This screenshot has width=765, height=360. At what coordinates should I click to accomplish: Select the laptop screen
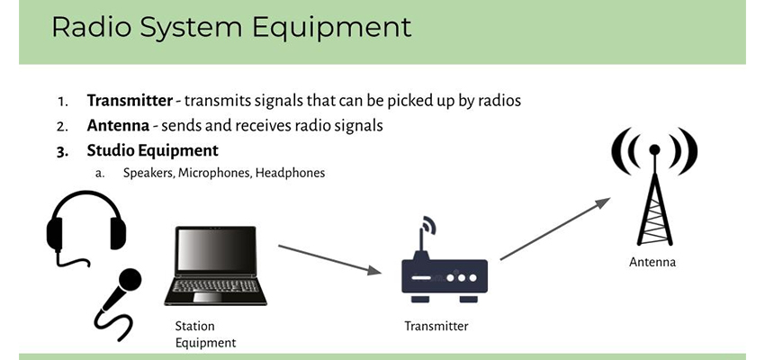coord(216,249)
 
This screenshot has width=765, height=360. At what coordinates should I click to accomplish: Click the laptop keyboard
coord(216,286)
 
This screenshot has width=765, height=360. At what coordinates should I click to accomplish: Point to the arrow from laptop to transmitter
coord(329,259)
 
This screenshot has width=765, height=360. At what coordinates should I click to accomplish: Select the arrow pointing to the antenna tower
coord(555,229)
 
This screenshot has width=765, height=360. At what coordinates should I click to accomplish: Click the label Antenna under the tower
coord(652,263)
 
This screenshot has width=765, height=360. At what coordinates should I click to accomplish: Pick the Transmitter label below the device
coord(436,326)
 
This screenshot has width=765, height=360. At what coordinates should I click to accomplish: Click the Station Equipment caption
coord(205,334)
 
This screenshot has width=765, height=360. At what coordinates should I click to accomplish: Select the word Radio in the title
coord(92,27)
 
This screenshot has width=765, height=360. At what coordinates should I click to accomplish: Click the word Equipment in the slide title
coord(332,28)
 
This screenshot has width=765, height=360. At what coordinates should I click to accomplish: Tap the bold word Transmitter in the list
coord(130,101)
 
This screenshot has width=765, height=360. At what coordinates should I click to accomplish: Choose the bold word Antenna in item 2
coord(118,125)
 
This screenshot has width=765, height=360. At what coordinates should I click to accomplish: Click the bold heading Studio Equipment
coord(153,150)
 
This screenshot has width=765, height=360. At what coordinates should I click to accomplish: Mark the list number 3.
coord(62,151)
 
